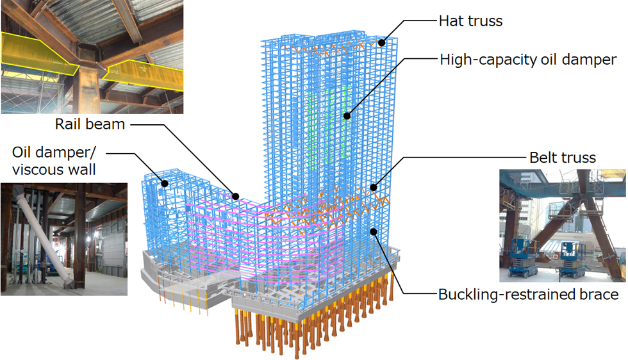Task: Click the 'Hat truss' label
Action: (x=470, y=21)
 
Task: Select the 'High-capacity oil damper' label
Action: (x=528, y=60)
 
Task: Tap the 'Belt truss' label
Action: (x=562, y=158)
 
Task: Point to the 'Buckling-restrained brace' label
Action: (x=528, y=295)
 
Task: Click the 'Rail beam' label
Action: (x=90, y=124)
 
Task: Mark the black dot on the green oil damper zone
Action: (x=347, y=116)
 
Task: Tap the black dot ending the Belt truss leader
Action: (x=373, y=188)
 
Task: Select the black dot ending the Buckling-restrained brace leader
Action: (x=373, y=232)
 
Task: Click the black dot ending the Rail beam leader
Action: (x=236, y=197)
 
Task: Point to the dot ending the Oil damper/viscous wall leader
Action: (x=165, y=184)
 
